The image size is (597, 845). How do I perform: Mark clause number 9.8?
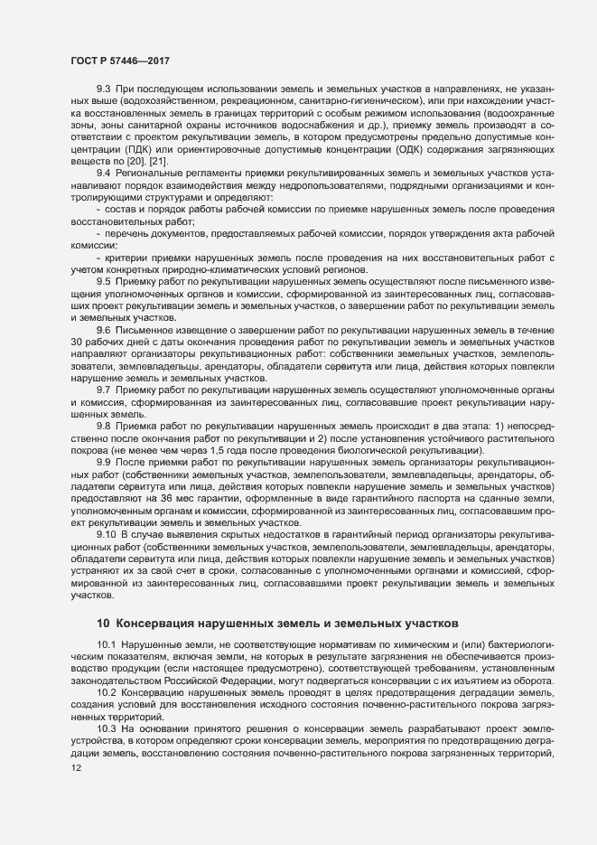pos(104,424)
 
